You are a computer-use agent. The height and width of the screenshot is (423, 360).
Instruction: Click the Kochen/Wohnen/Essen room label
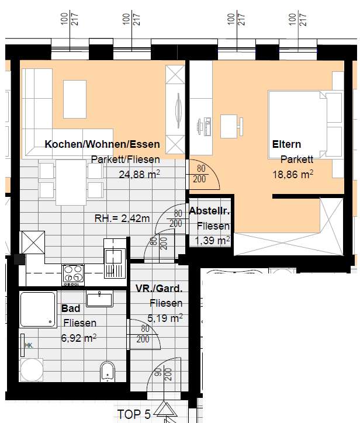coord(102,144)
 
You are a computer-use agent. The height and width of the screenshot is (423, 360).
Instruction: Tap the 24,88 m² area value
coord(139,174)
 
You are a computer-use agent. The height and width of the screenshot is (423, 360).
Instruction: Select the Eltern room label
coord(286,144)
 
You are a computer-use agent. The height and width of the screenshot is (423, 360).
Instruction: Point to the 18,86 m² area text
coord(293,174)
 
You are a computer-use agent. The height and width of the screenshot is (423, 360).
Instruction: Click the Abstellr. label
coord(209,211)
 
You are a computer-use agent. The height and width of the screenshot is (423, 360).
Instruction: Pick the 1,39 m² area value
coord(212,240)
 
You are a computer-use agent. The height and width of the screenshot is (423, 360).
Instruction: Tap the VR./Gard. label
coord(159,289)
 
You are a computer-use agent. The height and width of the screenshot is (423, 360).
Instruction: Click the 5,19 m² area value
coord(165,318)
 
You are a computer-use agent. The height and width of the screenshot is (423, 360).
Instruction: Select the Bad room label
coord(71,308)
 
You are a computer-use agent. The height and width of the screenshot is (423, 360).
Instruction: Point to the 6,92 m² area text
coord(79,338)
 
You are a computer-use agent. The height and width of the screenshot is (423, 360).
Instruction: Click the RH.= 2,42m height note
coord(122,219)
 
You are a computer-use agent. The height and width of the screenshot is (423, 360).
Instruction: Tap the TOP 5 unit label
coord(134,414)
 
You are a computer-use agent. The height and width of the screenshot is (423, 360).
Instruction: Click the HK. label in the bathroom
coord(29,345)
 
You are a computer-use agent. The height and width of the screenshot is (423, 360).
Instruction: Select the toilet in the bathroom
coord(108,371)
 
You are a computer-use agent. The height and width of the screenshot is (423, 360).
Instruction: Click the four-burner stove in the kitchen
coord(73,275)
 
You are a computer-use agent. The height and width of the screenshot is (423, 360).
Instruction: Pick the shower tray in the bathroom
coord(38,309)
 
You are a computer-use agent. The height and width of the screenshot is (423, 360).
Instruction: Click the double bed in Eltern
coord(305,124)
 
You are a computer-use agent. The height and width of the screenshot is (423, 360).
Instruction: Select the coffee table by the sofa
coord(75,99)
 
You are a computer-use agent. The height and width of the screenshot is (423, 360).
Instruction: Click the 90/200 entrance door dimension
coord(163,374)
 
